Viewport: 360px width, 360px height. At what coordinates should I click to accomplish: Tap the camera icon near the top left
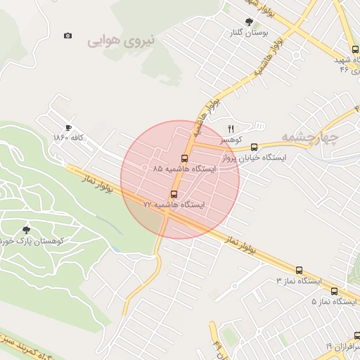click(x=67, y=35)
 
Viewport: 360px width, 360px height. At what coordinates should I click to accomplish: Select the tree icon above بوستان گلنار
click(x=247, y=21)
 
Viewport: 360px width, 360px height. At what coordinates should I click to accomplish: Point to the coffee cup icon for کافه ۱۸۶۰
click(x=67, y=127)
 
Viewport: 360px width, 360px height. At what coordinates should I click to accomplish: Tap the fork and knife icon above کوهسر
click(x=231, y=128)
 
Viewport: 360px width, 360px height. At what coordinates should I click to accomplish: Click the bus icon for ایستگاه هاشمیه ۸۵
click(x=185, y=158)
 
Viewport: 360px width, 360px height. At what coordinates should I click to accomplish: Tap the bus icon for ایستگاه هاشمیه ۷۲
click(x=174, y=193)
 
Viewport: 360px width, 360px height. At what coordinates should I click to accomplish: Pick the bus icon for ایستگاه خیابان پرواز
click(x=254, y=147)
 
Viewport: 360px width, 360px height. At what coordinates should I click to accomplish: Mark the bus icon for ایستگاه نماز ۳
click(x=300, y=270)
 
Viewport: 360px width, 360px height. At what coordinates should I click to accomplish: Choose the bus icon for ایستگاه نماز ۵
click(x=334, y=291)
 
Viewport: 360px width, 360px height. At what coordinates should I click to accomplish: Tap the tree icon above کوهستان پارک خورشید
click(x=27, y=229)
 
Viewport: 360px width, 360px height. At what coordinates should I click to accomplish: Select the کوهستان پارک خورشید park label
click(x=32, y=240)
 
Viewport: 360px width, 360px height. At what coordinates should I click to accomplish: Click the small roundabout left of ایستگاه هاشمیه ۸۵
click(x=144, y=167)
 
